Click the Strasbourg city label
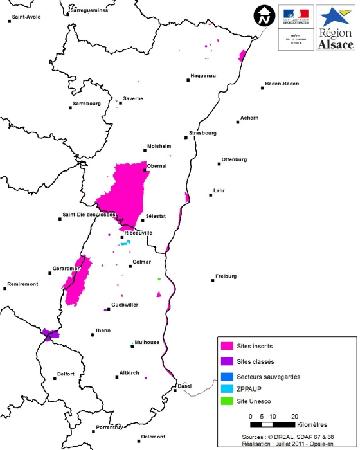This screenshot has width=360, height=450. click(203, 133)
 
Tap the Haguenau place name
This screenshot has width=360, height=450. click(203, 76)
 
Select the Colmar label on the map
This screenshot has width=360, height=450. click(141, 262)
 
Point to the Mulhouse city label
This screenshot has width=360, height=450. click(147, 342)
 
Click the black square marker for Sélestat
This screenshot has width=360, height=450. click(143, 222)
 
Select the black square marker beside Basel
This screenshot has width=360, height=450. click(175, 390)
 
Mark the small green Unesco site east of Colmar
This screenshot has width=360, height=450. click(159, 279)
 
